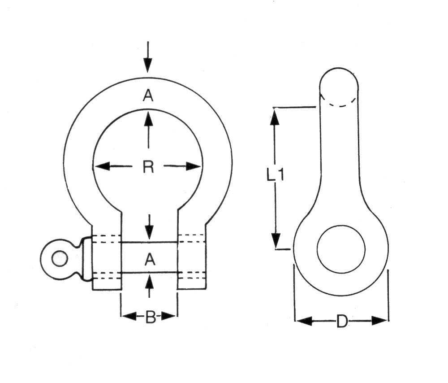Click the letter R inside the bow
pos(148,167)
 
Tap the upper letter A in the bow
pos(148,95)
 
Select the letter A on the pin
pos(150,259)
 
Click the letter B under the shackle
pos(150,317)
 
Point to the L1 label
pos(275,174)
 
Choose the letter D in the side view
pos(342,321)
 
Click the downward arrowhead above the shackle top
pos(148,65)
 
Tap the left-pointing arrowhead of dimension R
pos(102,166)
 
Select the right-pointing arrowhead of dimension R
pos(194,166)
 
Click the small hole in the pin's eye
pos(60,259)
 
